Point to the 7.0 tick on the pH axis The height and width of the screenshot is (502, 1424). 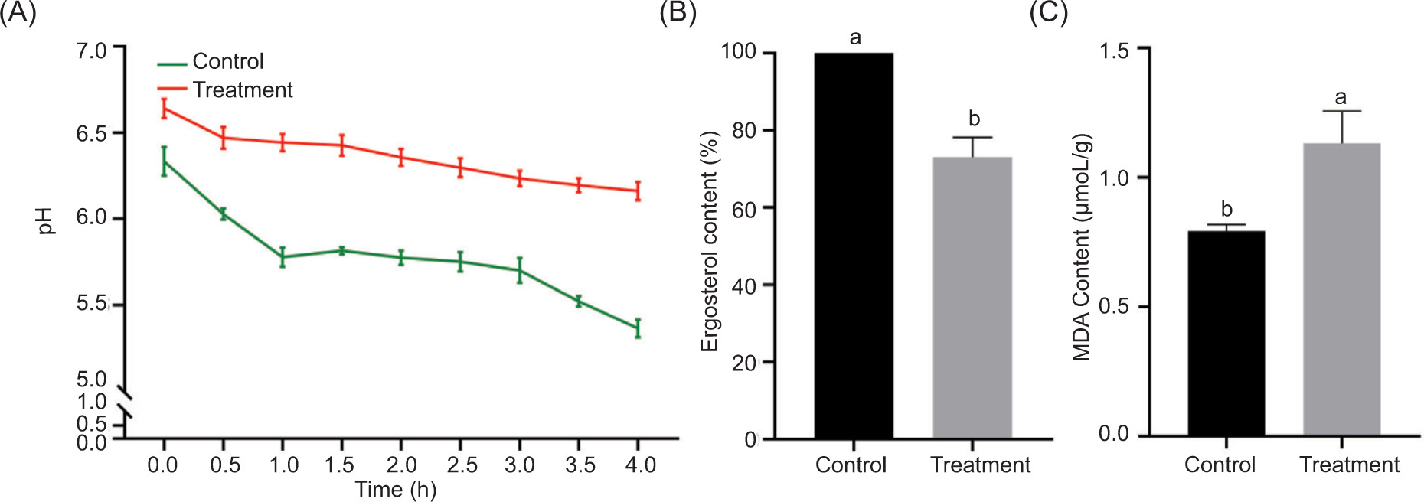click(91, 51)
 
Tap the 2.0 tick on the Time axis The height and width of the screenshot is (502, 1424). click(401, 464)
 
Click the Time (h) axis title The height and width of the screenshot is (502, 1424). click(395, 490)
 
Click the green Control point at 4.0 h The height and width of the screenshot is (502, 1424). click(638, 328)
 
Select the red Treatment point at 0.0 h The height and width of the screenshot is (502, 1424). click(164, 109)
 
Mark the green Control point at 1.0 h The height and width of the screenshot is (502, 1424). click(283, 257)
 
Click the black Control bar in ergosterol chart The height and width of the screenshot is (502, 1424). click(853, 245)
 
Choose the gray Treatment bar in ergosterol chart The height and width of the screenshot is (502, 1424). click(972, 298)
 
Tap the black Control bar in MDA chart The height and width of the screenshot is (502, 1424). click(1226, 333)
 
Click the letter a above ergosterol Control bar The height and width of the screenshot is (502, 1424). click(855, 37)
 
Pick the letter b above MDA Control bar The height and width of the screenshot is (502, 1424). click(1226, 209)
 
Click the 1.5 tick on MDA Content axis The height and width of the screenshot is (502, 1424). click(1114, 51)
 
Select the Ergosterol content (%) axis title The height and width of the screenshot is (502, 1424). click(710, 241)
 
